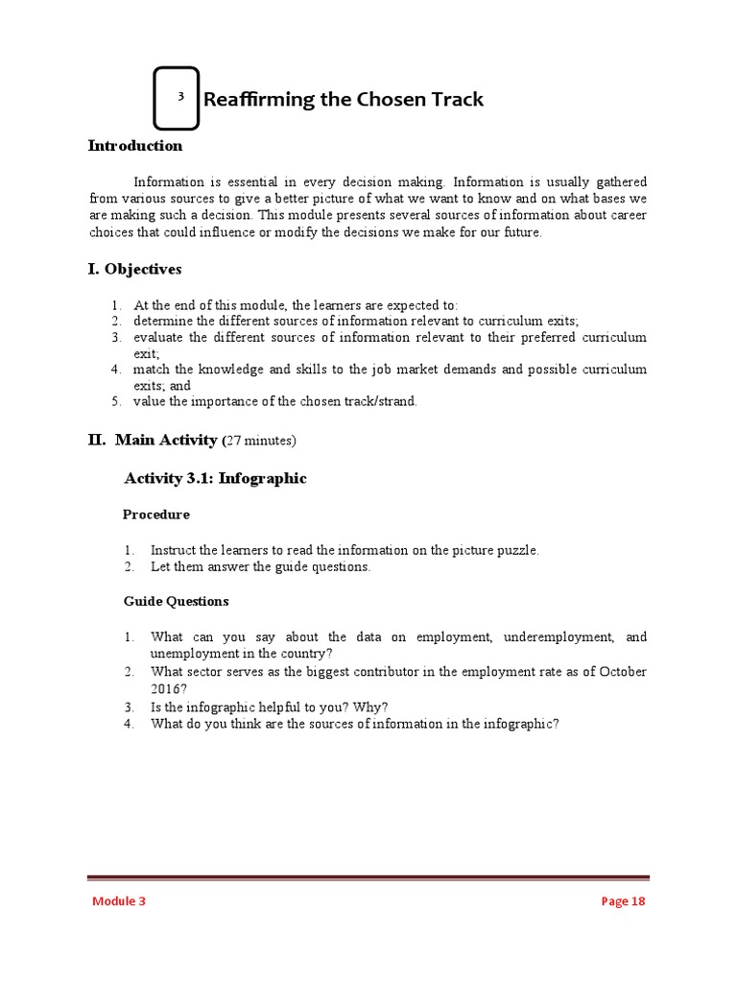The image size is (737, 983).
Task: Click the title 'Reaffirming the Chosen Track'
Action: coord(344,99)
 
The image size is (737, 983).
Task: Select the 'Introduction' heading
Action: coord(135,146)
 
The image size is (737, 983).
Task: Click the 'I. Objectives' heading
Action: coord(134,269)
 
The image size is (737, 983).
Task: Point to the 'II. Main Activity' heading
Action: coord(153,440)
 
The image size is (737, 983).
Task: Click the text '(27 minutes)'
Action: coord(260,441)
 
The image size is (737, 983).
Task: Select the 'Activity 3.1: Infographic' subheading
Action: coord(216,478)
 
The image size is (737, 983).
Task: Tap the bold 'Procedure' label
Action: coord(156,515)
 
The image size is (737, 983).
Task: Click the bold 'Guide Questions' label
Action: coord(176,601)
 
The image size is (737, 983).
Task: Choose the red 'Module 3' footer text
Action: coord(119,900)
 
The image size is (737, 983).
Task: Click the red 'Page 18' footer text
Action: coord(623,900)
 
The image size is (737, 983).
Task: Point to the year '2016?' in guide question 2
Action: coord(170,689)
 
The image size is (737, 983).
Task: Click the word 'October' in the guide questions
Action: coord(623,672)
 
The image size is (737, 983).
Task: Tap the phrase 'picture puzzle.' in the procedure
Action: coord(496,550)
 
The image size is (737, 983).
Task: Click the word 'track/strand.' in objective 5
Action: coord(382,401)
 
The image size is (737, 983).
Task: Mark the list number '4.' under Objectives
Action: coord(115,369)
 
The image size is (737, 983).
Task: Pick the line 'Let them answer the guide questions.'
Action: coord(260,566)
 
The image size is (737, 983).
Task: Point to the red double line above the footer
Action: coord(368,877)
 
